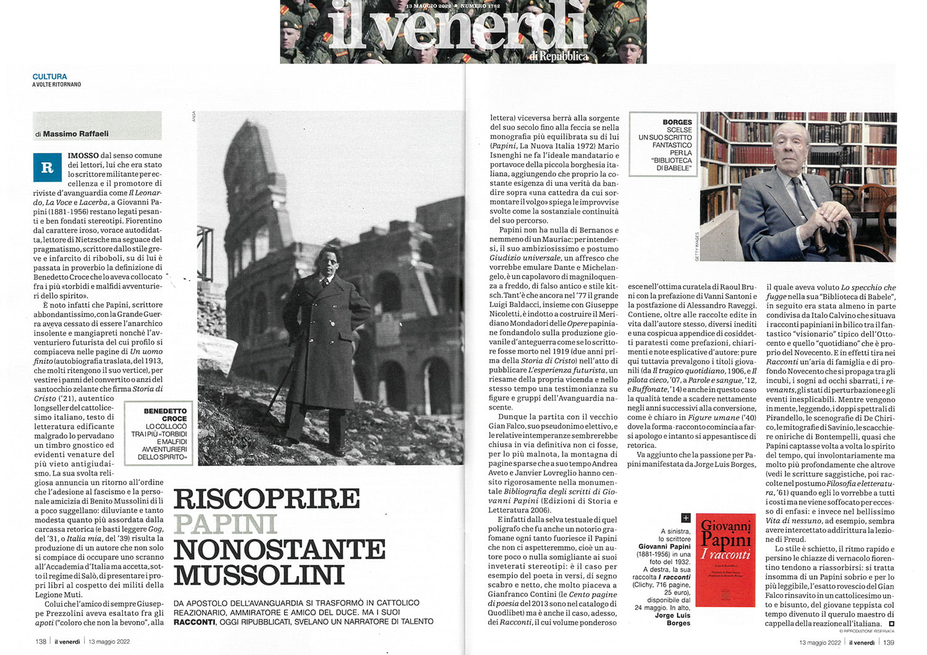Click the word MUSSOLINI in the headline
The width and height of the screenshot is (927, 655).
259,575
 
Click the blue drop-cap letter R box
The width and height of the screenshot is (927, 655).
47,167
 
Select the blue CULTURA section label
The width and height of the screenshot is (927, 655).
49,77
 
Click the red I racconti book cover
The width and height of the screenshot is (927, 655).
726,559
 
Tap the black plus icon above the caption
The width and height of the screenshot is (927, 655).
685,518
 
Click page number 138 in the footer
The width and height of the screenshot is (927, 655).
41,641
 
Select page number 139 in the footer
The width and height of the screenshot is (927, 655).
888,643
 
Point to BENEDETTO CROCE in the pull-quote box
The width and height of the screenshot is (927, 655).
165,415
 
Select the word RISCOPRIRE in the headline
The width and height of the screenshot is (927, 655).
267,499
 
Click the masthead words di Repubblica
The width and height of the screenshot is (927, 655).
558,56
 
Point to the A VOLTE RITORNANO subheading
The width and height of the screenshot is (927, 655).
56,85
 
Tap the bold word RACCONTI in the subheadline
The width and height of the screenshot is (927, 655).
193,622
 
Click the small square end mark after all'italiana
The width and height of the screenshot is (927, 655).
891,623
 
